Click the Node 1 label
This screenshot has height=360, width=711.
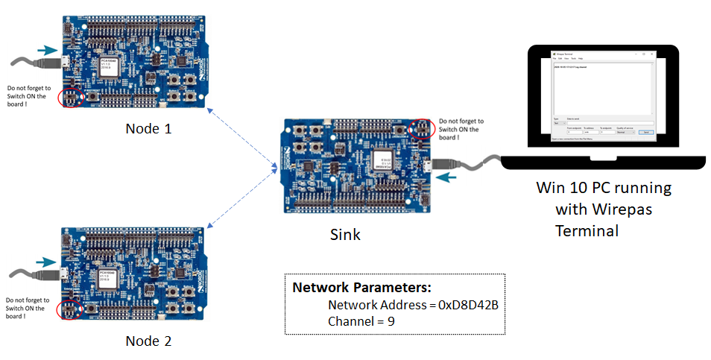(x=148, y=128)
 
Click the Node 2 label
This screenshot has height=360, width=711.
(x=148, y=341)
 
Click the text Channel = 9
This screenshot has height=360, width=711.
(x=361, y=321)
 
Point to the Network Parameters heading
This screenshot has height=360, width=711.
(x=361, y=288)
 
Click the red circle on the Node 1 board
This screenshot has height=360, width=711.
(x=71, y=97)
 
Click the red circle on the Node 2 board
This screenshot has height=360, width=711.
(x=71, y=309)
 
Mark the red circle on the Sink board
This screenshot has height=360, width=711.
(x=421, y=129)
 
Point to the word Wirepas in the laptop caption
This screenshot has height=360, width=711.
(x=623, y=209)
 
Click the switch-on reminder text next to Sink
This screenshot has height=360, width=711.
(x=461, y=128)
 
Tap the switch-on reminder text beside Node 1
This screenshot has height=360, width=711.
(x=26, y=96)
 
